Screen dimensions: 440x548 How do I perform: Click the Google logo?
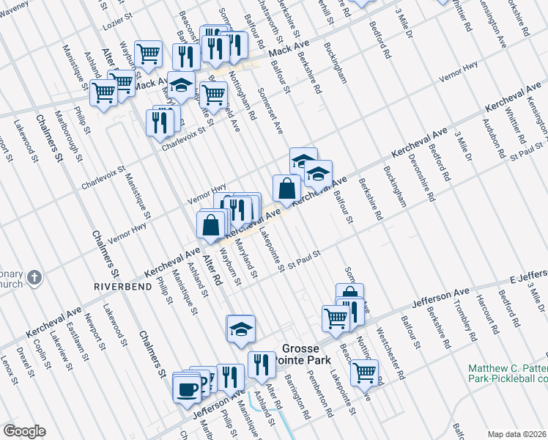24,431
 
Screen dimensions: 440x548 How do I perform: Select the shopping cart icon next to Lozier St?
149,53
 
